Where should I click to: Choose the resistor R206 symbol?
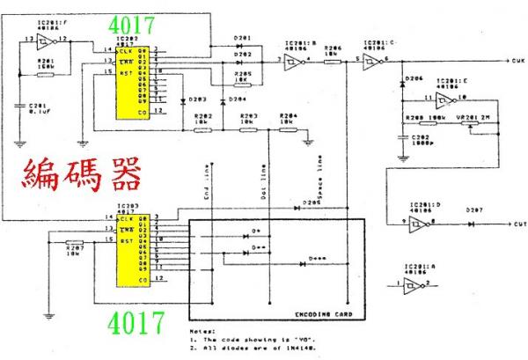[x=332, y=61]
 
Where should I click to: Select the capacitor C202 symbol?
[x=403, y=137]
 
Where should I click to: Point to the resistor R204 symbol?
[x=286, y=129]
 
